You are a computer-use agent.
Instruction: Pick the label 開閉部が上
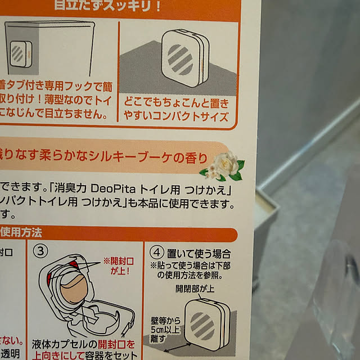click(x=193, y=289)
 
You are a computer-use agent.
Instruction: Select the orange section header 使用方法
click(x=21, y=231)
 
